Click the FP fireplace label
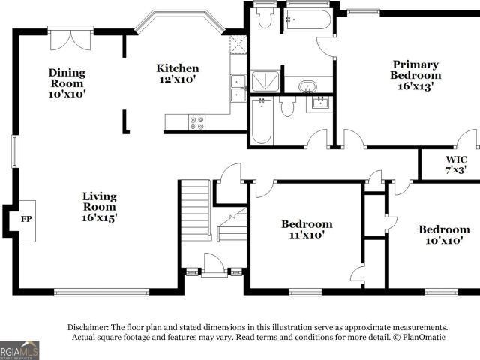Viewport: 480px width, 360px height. (x=26, y=219)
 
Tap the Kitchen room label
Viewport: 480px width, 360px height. (x=178, y=68)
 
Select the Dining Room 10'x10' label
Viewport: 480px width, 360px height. (x=67, y=83)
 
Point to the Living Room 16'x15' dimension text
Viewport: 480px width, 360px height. (x=100, y=217)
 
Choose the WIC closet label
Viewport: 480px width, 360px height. (x=456, y=160)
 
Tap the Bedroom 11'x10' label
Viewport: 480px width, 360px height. (x=307, y=229)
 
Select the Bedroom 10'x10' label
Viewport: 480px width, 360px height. (x=444, y=235)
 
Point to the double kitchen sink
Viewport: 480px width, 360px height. (x=238, y=88)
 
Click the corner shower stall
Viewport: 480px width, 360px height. (x=265, y=81)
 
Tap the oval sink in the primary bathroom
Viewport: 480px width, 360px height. (x=307, y=86)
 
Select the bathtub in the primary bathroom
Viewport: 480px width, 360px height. (x=307, y=20)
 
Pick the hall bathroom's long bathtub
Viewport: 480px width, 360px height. (x=262, y=121)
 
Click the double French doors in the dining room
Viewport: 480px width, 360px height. (x=70, y=40)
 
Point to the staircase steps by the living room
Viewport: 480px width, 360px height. (x=195, y=210)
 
